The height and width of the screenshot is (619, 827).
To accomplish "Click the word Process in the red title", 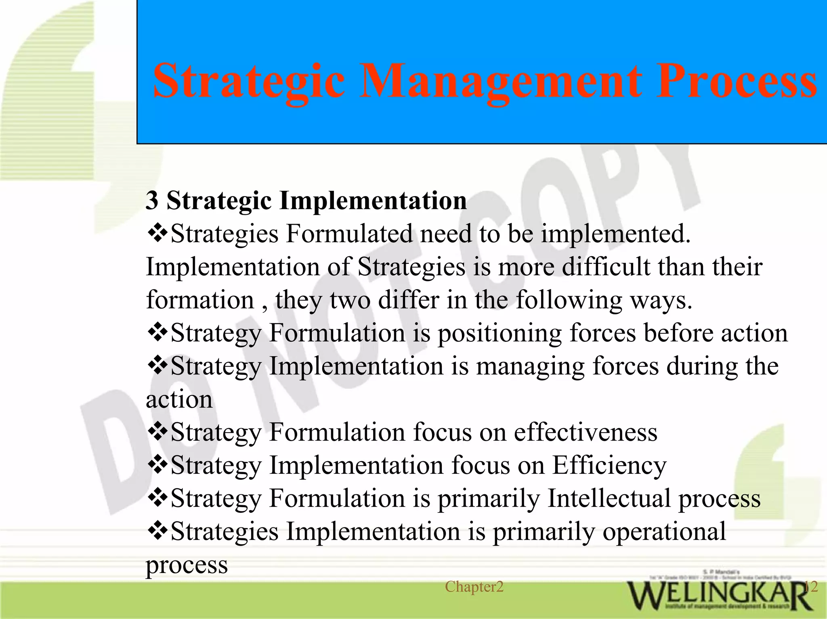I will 736,82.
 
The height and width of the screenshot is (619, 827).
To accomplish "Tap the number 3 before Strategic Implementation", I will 152,201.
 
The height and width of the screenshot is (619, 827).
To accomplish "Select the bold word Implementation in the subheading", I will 372,201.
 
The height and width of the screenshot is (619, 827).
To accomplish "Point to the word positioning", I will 500,333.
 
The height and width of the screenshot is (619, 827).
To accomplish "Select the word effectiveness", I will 586,432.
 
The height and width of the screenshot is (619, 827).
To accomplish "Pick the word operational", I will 664,531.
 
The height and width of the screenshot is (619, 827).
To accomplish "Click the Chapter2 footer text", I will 474,587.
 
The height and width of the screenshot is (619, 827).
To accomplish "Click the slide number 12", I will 811,587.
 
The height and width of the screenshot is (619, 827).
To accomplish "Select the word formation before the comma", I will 200,300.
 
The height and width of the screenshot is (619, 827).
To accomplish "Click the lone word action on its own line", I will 179,399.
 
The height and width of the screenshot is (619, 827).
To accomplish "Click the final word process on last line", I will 187,565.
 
